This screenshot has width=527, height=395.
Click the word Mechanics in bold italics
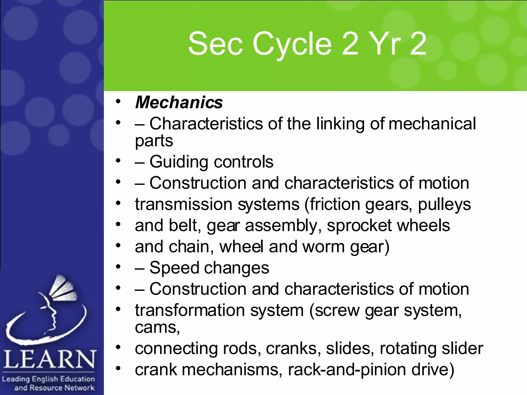click(x=179, y=102)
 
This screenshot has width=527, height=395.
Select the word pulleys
click(x=444, y=205)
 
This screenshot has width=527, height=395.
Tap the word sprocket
click(x=359, y=226)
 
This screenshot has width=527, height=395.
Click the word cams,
click(x=157, y=327)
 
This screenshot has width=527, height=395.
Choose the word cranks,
click(x=293, y=349)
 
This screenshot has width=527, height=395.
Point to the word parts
click(x=154, y=141)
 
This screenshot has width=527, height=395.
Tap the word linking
click(x=340, y=124)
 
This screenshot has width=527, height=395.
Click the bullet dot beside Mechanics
click(x=118, y=101)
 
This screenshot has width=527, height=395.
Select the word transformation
click(x=190, y=310)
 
